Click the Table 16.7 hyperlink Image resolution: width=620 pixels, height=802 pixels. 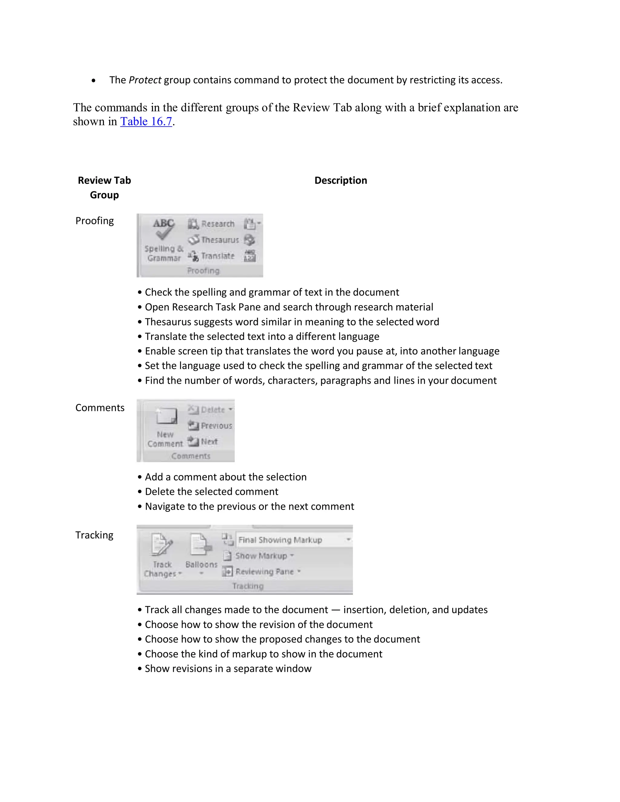pyautogui.click(x=146, y=122)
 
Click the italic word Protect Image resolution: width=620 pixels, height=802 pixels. pyautogui.click(x=145, y=80)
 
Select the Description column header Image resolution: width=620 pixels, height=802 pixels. pyautogui.click(x=341, y=180)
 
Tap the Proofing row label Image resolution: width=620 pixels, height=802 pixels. pyautogui.click(x=94, y=221)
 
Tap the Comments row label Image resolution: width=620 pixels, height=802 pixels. pyautogui.click(x=100, y=408)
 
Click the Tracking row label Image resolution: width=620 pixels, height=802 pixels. pyautogui.click(x=94, y=535)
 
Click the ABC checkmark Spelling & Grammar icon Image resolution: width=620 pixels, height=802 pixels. pyautogui.click(x=163, y=229)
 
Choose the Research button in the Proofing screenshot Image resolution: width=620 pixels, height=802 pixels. pyautogui.click(x=212, y=224)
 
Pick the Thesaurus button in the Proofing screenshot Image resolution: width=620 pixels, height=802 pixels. pyautogui.click(x=213, y=240)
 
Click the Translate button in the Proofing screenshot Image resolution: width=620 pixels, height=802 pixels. pyautogui.click(x=212, y=256)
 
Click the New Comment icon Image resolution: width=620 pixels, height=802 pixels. pyautogui.click(x=166, y=416)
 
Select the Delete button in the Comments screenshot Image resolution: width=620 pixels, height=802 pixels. pyautogui.click(x=210, y=409)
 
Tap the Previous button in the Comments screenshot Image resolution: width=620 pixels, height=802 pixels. pyautogui.click(x=210, y=426)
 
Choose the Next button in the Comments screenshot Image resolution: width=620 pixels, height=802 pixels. pyautogui.click(x=203, y=441)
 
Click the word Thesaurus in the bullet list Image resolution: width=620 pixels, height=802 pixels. pyautogui.click(x=168, y=322)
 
